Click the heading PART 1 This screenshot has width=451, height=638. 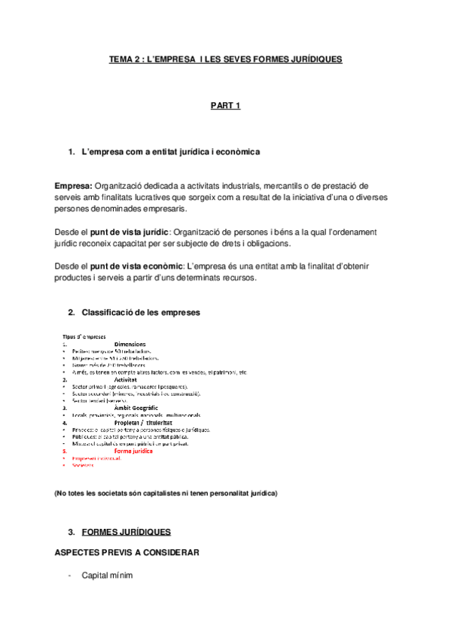point(225,105)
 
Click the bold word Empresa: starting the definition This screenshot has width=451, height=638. point(73,185)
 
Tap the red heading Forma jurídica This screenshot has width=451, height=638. point(133,451)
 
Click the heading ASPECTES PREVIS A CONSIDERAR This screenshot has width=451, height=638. point(126,553)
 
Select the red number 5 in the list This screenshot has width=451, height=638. point(64,451)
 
